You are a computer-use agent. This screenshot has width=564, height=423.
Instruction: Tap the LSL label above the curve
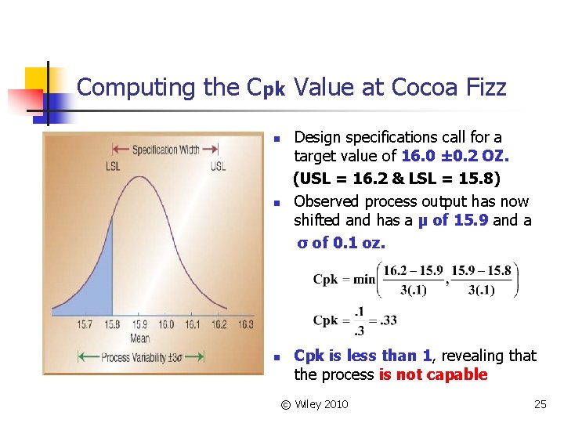[114, 165]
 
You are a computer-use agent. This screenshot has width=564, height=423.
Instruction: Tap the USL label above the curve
[218, 165]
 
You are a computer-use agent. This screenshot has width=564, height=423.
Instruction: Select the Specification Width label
[165, 149]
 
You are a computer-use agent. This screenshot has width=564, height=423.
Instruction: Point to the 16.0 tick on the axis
[166, 324]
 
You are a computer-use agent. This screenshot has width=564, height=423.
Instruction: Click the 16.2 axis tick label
[219, 324]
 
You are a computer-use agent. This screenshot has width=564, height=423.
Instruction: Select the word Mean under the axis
[140, 338]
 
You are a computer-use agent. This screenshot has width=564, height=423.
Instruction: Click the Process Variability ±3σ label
[140, 358]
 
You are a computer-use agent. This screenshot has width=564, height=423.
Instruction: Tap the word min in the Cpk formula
[364, 280]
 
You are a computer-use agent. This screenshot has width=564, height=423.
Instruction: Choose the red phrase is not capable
[432, 374]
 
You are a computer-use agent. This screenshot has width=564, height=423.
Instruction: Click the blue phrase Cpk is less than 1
[362, 356]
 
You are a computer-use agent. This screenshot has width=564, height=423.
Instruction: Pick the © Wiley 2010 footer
[315, 404]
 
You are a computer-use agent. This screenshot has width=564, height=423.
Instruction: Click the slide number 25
[540, 404]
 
